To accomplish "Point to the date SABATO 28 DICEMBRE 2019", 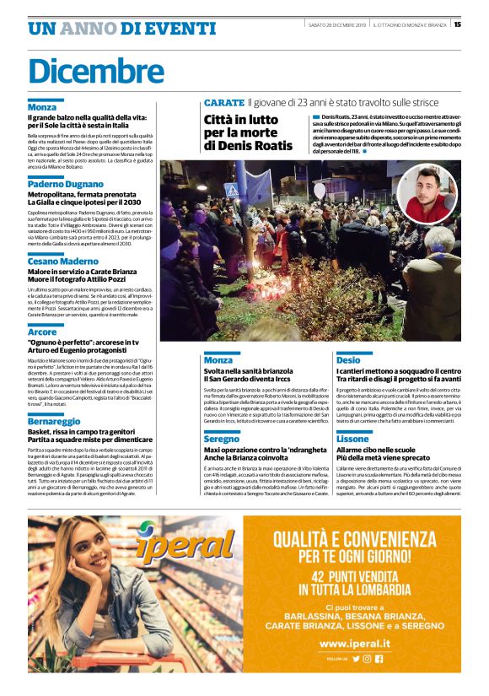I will point(337,25).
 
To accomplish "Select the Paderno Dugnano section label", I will point(65,183).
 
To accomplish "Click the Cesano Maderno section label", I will point(62,261).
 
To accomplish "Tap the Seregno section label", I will point(222,440).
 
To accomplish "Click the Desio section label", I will point(347,359).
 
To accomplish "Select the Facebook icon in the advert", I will point(379,658).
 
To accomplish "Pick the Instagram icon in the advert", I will point(368,658).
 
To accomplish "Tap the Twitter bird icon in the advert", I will point(356,658).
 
